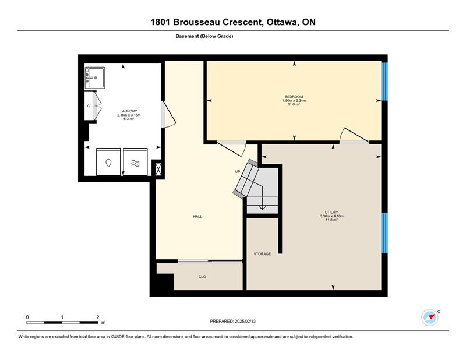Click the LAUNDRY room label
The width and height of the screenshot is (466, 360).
[x=129, y=111]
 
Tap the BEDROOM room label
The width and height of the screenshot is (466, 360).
[x=294, y=97]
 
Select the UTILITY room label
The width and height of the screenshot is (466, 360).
[x=331, y=212]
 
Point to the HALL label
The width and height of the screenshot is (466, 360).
[x=197, y=217]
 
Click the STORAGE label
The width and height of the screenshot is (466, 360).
[x=262, y=254]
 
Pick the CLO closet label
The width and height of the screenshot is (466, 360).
[x=202, y=277]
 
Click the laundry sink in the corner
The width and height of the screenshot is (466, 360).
[x=95, y=77]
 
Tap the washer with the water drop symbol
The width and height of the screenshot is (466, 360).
[x=108, y=162]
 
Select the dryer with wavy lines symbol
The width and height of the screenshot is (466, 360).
[x=135, y=162]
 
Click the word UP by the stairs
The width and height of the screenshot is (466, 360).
[x=238, y=171]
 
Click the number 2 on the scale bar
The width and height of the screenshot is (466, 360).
[x=98, y=317]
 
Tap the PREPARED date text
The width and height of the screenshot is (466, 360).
[x=232, y=321]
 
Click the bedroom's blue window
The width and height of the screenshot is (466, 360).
[x=384, y=82]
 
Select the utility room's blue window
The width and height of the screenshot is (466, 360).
[x=384, y=233]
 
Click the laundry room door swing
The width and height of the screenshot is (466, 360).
[x=169, y=114]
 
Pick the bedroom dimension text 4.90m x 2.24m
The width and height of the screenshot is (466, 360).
[x=294, y=100]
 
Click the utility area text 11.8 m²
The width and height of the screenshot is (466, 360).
[x=331, y=220]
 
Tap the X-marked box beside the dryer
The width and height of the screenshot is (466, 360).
[x=158, y=170]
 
